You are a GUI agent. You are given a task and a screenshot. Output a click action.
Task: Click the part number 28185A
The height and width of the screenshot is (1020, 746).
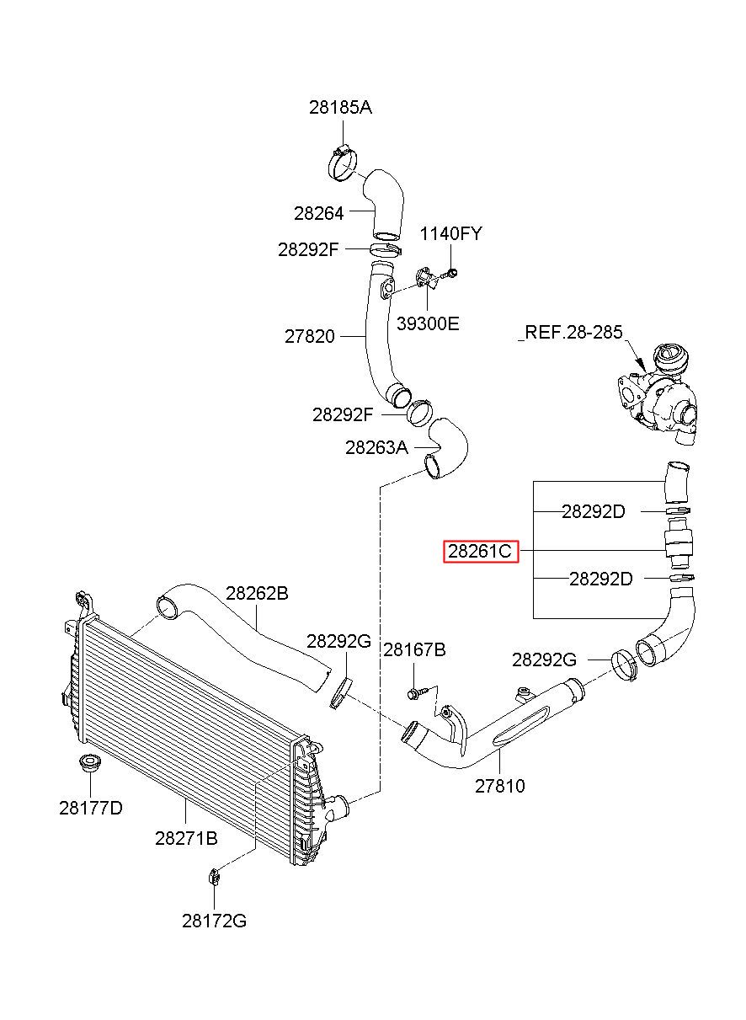tap(340, 108)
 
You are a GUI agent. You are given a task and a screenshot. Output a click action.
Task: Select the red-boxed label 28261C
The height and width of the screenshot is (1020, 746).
tap(481, 551)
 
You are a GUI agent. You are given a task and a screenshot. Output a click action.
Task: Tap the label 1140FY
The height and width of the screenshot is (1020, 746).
tap(450, 233)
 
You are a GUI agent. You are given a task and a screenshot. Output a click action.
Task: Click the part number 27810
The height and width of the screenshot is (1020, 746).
tap(500, 786)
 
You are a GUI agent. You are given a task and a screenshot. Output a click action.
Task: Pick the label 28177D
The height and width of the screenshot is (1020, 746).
tap(91, 808)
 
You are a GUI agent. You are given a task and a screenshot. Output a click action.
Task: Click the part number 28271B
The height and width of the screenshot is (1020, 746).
tap(186, 838)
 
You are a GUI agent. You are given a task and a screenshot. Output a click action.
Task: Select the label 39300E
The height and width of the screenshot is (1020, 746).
tap(428, 323)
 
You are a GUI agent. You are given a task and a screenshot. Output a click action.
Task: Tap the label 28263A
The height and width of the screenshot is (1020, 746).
tap(377, 447)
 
